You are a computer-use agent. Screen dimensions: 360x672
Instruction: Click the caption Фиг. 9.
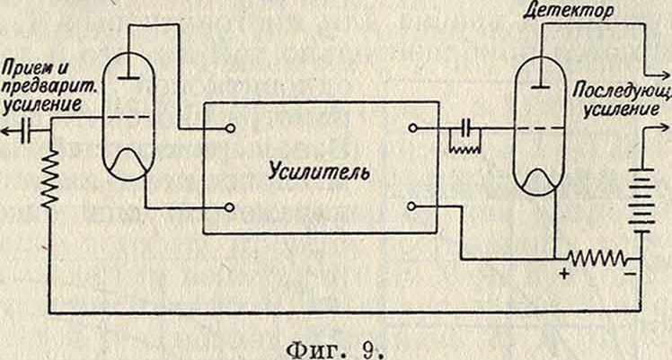click(x=333, y=344)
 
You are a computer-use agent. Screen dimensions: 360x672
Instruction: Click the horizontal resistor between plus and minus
click(x=595, y=257)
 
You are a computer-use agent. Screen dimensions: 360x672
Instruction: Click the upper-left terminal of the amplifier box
click(x=231, y=128)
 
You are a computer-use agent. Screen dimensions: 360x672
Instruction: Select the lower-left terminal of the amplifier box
click(x=231, y=208)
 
